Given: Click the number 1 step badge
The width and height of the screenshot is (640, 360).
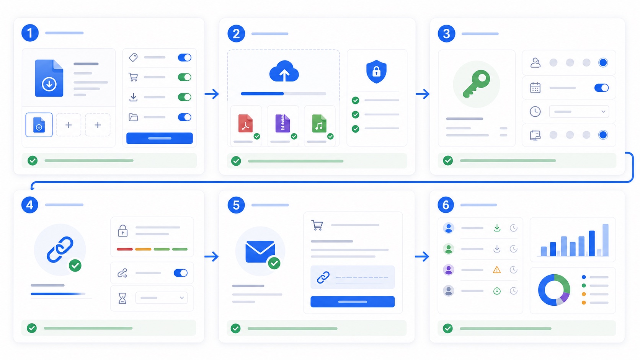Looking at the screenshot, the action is click(x=30, y=33).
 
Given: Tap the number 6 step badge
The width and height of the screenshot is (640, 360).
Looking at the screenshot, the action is click(x=446, y=205).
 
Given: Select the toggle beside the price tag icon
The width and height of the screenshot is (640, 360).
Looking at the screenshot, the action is click(x=184, y=57).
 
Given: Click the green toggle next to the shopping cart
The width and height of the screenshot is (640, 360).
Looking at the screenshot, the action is click(x=184, y=77).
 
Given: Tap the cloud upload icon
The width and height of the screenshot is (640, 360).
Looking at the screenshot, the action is click(x=284, y=72).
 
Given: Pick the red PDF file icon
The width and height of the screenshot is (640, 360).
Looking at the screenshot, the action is click(x=245, y=123).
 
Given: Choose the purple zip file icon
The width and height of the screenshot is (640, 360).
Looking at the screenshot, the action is click(x=282, y=123).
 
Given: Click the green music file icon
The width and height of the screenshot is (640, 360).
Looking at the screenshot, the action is click(x=319, y=123).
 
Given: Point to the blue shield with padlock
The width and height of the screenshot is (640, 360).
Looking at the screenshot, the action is click(x=376, y=72).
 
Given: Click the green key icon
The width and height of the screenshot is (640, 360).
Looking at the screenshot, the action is click(x=476, y=84).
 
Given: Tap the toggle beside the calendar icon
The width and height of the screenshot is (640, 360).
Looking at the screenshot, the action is click(x=601, y=88).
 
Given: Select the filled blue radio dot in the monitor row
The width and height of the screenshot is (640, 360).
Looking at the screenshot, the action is click(x=603, y=135).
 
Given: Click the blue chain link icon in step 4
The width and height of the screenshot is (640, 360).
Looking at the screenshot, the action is click(x=60, y=249).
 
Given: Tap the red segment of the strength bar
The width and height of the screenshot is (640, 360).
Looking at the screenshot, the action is click(x=124, y=249).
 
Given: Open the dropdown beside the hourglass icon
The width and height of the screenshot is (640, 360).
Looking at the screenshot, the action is click(x=162, y=298).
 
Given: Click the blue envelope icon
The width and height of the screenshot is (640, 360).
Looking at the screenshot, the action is click(x=260, y=251).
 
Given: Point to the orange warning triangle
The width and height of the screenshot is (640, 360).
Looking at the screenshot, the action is click(x=497, y=269).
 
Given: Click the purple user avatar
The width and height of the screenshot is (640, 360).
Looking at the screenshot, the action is click(x=449, y=269).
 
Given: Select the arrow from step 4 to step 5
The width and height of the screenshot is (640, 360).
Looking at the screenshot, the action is click(x=211, y=256).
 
